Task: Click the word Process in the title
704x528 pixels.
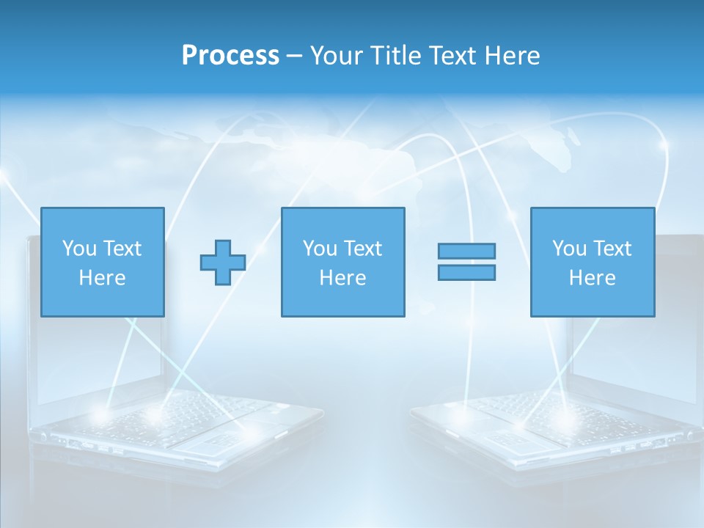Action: pos(230,56)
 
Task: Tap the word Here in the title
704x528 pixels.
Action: pos(512,56)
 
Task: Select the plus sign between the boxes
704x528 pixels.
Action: pos(223,263)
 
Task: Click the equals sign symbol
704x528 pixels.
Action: pos(466,262)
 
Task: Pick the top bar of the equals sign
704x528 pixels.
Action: pos(466,251)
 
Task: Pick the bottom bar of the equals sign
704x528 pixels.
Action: pos(466,273)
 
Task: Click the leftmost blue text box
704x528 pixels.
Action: pos(102,262)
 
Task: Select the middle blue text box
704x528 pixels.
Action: pos(342,262)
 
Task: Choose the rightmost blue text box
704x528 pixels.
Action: pos(592,262)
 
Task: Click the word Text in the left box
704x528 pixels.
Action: pos(122,249)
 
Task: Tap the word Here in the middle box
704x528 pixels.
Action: pos(342,278)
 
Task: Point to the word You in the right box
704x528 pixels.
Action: pos(569,249)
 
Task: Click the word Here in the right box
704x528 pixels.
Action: pos(592,278)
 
